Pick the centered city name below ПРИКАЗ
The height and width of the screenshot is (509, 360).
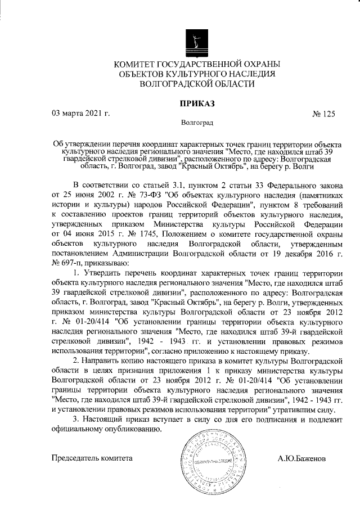tap(196, 121)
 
